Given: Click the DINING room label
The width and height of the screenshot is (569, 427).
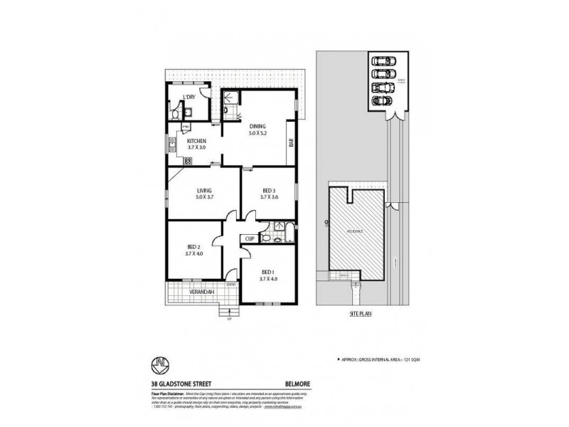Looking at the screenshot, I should coord(257,126).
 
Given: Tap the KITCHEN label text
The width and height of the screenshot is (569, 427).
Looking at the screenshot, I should coord(196,142).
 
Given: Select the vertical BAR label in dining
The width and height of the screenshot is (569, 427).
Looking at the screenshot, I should coord(291,143).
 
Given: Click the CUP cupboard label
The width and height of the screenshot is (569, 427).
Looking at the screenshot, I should coord(250,238).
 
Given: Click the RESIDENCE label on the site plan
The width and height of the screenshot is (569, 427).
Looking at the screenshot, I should coord(355,231).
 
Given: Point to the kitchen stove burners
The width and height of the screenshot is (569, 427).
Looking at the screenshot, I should coord(188,161).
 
